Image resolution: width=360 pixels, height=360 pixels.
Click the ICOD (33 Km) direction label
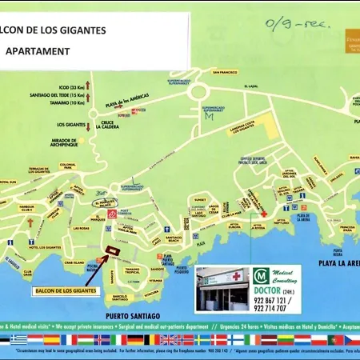(x=70, y=86)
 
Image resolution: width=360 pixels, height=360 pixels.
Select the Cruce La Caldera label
(x=107, y=124)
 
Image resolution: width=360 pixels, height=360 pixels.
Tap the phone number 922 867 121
(x=272, y=299)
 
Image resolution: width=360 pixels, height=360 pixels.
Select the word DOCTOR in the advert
(x=266, y=290)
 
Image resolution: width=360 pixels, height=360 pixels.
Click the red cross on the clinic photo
(x=237, y=277)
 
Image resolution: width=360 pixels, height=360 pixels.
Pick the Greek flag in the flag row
(x=18, y=339)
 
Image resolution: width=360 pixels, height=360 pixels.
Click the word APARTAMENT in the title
(x=38, y=50)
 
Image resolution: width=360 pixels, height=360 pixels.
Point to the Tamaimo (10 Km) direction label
(x=70, y=103)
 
